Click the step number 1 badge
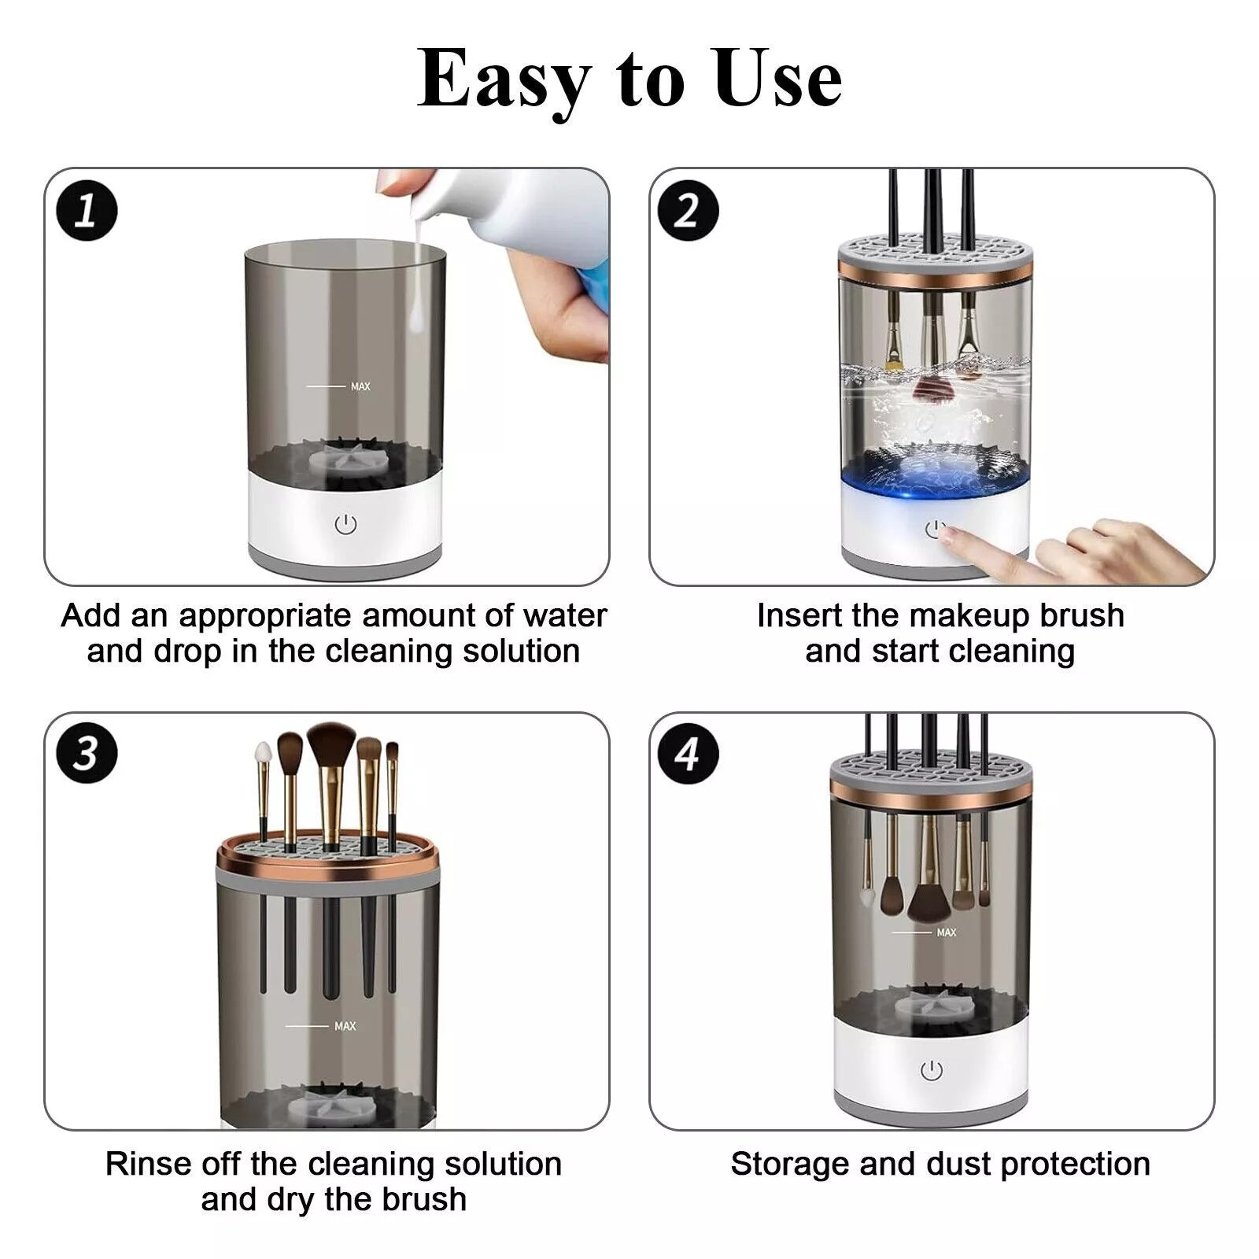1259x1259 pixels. [87, 212]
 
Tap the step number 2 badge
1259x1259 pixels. [688, 212]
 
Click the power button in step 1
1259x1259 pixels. [346, 525]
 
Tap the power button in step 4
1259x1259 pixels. [932, 1070]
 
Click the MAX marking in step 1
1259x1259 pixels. [360, 386]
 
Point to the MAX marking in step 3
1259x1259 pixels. [345, 1026]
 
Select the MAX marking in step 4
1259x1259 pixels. [947, 932]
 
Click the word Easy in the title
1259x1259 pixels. [504, 79]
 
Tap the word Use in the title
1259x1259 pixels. [778, 79]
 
